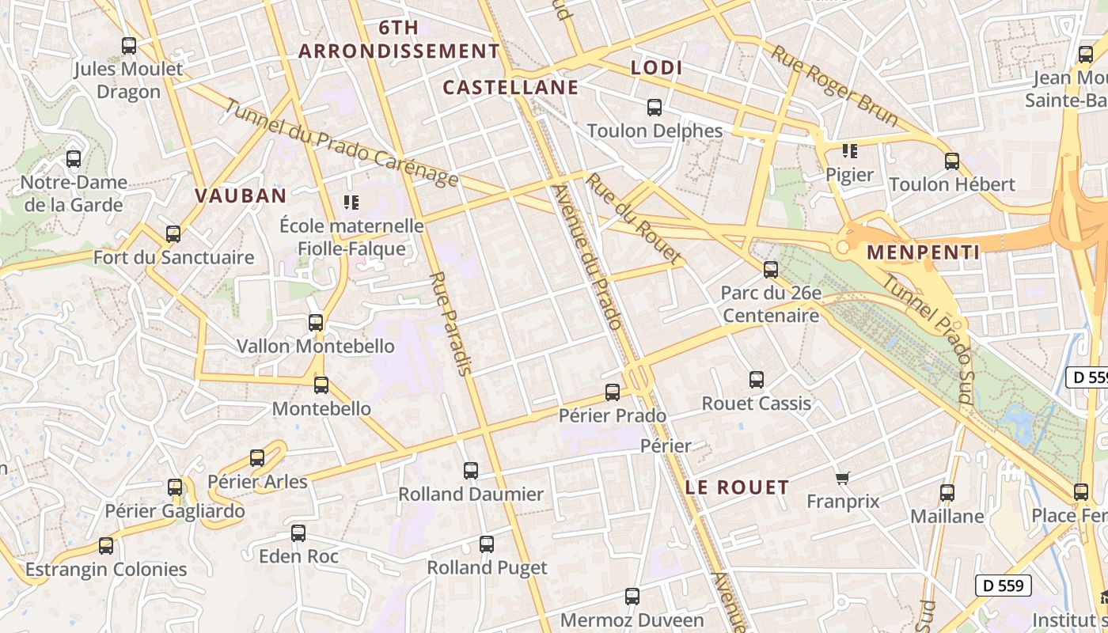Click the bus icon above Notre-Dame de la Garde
click(x=74, y=159)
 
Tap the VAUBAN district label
click(x=241, y=195)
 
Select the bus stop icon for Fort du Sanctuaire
click(x=173, y=234)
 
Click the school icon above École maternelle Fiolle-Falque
click(x=351, y=203)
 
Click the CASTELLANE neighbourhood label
click(x=510, y=87)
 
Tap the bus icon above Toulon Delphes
click(x=655, y=108)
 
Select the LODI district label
click(x=657, y=68)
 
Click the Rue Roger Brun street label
click(x=835, y=85)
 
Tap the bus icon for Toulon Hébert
click(x=952, y=161)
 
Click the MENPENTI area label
click(x=924, y=252)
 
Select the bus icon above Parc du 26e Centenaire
click(x=770, y=270)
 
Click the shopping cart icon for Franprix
click(x=843, y=478)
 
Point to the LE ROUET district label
click(x=737, y=487)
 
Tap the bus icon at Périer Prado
click(x=612, y=392)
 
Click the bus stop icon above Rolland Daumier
click(x=471, y=471)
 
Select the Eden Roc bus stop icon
click(x=298, y=533)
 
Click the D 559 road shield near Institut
click(x=1004, y=586)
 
